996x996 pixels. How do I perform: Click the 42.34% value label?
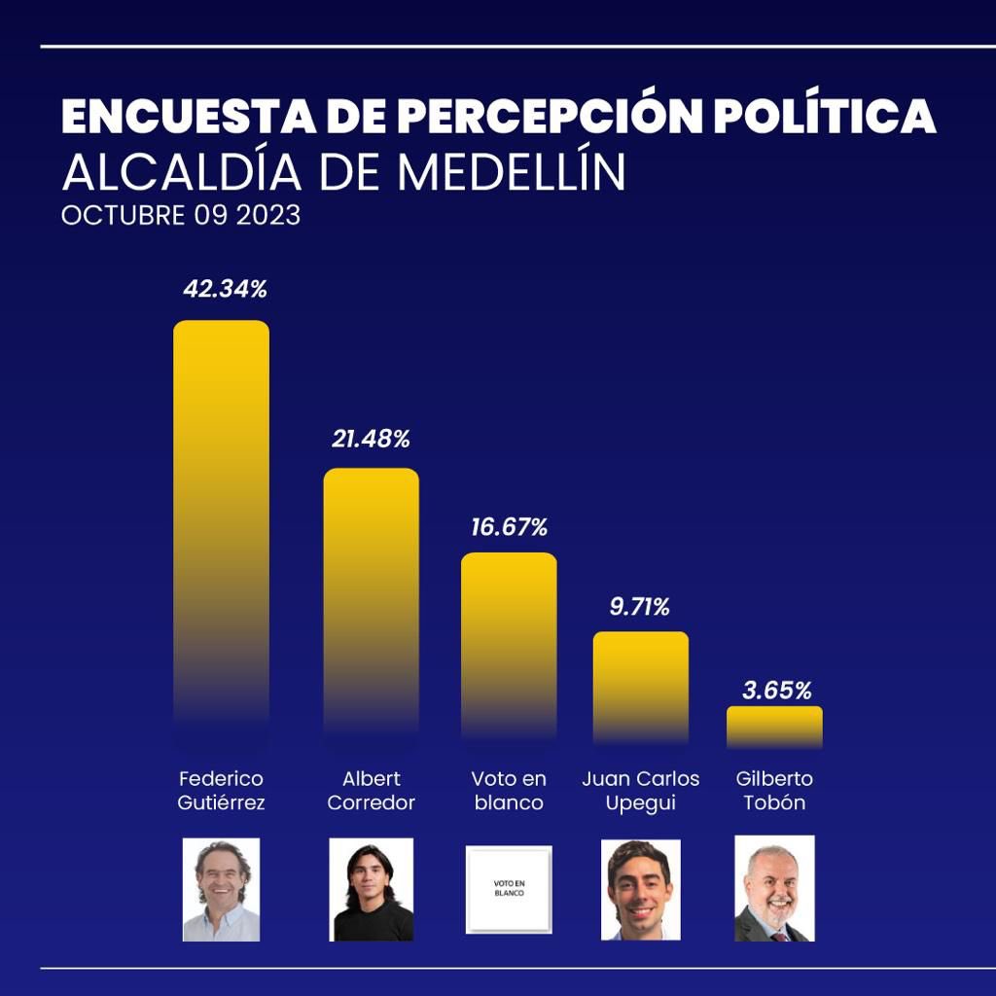pos(225,289)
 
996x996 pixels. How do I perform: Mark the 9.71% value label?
pos(639,608)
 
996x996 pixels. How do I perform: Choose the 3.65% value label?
pos(776,691)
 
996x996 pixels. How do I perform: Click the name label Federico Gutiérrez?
pos(222,791)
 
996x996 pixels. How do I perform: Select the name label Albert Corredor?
pos(371,791)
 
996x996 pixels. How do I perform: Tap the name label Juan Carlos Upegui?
pos(641,791)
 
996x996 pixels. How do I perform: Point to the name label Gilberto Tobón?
pos(774,791)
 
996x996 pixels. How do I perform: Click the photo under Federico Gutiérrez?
pos(222,889)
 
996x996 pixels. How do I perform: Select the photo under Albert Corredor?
pos(372,889)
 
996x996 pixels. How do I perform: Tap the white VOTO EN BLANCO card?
pos(509,889)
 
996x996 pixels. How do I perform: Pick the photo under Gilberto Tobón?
pos(774,888)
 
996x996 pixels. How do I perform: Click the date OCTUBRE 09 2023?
pos(181,215)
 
